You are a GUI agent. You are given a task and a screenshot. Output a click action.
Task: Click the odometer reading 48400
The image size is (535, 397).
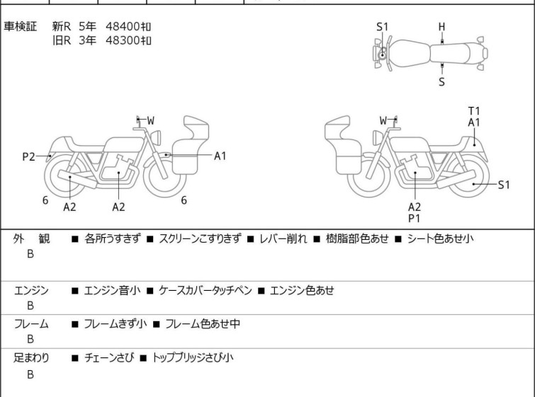123,26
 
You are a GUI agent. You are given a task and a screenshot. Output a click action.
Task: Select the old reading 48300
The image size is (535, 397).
123,40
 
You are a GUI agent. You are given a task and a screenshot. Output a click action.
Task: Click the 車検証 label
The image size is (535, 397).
20,26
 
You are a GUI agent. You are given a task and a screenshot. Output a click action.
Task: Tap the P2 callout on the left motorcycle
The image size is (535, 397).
28,157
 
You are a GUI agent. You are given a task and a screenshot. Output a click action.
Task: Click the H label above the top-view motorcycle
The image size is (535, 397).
442,27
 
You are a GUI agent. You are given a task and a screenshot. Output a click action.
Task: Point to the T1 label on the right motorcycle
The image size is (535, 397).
474,111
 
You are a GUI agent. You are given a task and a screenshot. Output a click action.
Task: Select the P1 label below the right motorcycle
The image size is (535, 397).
415,219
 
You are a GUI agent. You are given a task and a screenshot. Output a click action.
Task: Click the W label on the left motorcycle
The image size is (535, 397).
150,120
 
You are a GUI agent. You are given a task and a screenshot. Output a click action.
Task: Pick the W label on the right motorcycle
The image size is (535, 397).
383,120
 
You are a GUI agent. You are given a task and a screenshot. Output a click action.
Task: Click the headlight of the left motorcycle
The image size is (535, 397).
156,137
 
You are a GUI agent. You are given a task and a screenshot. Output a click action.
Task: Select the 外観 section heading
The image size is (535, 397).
31,238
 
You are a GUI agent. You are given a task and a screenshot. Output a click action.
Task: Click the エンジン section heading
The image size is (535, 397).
31,290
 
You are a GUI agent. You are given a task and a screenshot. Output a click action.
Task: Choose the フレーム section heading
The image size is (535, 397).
31,323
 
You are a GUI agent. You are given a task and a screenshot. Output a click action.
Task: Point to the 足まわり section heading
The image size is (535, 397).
31,358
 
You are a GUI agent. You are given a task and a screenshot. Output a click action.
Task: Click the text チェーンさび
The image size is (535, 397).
109,358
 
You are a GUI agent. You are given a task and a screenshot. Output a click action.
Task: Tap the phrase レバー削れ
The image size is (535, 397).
283,238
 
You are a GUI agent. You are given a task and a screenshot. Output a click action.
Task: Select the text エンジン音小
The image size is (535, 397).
112,290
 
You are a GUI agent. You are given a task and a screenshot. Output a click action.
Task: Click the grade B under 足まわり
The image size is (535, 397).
30,374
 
